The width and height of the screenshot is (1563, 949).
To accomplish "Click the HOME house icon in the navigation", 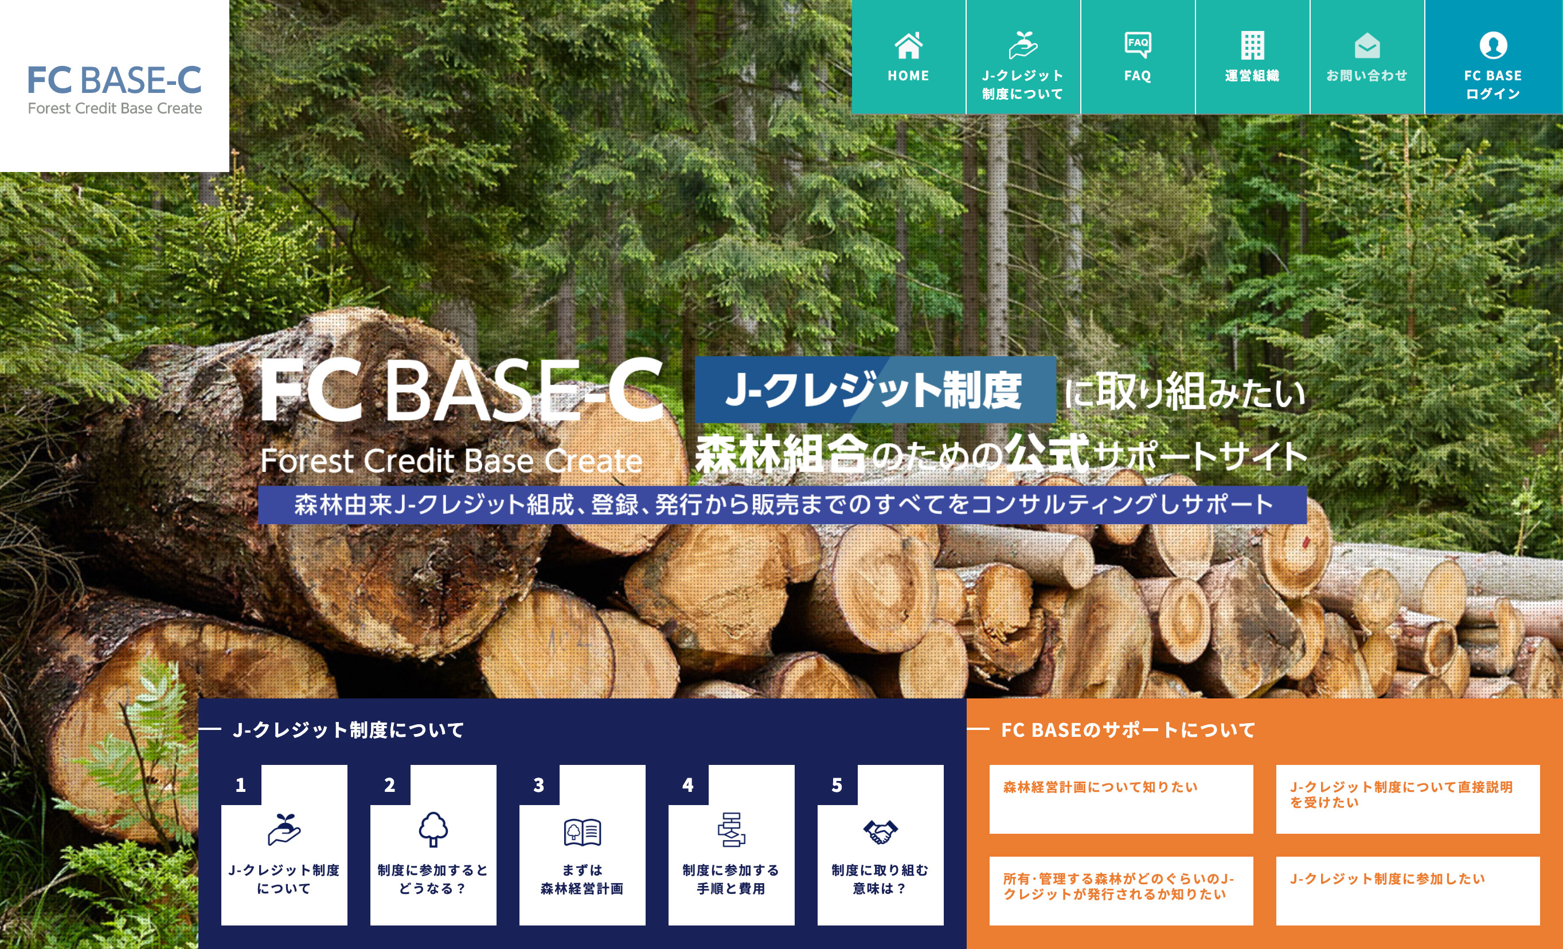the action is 908,45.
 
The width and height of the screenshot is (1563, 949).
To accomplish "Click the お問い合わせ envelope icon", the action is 1367,46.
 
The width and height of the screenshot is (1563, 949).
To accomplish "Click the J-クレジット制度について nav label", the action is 1022,84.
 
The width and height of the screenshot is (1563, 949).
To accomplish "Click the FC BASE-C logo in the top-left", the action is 115,89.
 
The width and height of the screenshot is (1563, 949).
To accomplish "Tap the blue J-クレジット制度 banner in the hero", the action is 875,389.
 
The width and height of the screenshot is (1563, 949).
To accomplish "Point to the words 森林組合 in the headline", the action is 781,454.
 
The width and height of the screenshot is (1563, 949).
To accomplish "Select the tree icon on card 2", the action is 433,829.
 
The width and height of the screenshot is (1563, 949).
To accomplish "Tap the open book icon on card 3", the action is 583,831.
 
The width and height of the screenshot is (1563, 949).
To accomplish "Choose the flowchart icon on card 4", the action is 732,829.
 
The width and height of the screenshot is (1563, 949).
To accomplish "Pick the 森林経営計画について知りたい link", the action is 1100,787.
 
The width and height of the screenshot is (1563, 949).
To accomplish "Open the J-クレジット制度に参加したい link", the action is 1388,878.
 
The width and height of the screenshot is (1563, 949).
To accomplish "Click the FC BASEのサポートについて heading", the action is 1128,730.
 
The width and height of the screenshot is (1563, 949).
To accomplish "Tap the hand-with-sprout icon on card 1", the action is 284,829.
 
